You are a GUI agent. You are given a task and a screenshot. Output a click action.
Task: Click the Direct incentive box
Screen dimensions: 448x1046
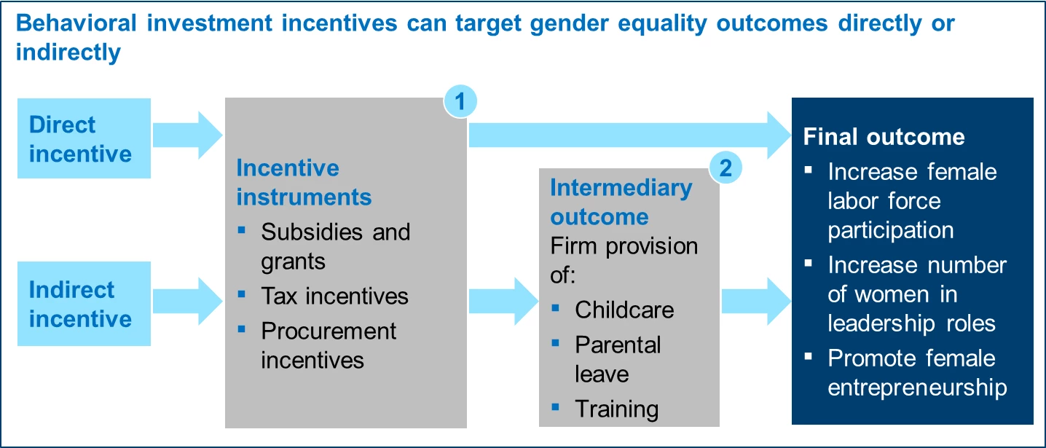(x=84, y=138)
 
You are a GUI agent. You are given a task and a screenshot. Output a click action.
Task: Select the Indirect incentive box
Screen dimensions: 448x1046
(x=84, y=304)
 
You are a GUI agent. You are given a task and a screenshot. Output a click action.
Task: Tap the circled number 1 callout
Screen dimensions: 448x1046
(x=460, y=103)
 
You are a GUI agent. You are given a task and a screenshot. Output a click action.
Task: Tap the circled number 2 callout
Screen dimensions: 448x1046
(x=725, y=168)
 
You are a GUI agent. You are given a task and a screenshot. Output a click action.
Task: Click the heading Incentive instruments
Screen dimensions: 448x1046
(x=304, y=182)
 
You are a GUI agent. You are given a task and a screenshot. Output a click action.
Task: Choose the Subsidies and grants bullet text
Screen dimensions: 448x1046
(x=335, y=246)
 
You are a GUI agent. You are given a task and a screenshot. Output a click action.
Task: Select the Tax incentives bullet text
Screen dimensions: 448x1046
(x=334, y=296)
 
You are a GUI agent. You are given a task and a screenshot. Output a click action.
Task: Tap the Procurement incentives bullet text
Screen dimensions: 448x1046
(x=328, y=345)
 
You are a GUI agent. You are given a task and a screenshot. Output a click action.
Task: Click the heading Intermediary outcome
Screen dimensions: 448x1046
(x=621, y=202)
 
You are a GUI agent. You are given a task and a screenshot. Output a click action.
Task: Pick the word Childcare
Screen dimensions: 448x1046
(x=624, y=310)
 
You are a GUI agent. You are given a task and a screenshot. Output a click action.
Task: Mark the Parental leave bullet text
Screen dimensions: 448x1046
(x=617, y=358)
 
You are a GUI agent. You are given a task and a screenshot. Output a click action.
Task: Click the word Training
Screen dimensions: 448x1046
(x=616, y=409)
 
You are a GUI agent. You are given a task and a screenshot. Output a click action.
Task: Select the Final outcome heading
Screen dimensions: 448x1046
(x=884, y=137)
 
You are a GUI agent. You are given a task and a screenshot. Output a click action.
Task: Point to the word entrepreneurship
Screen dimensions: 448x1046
(x=917, y=387)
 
